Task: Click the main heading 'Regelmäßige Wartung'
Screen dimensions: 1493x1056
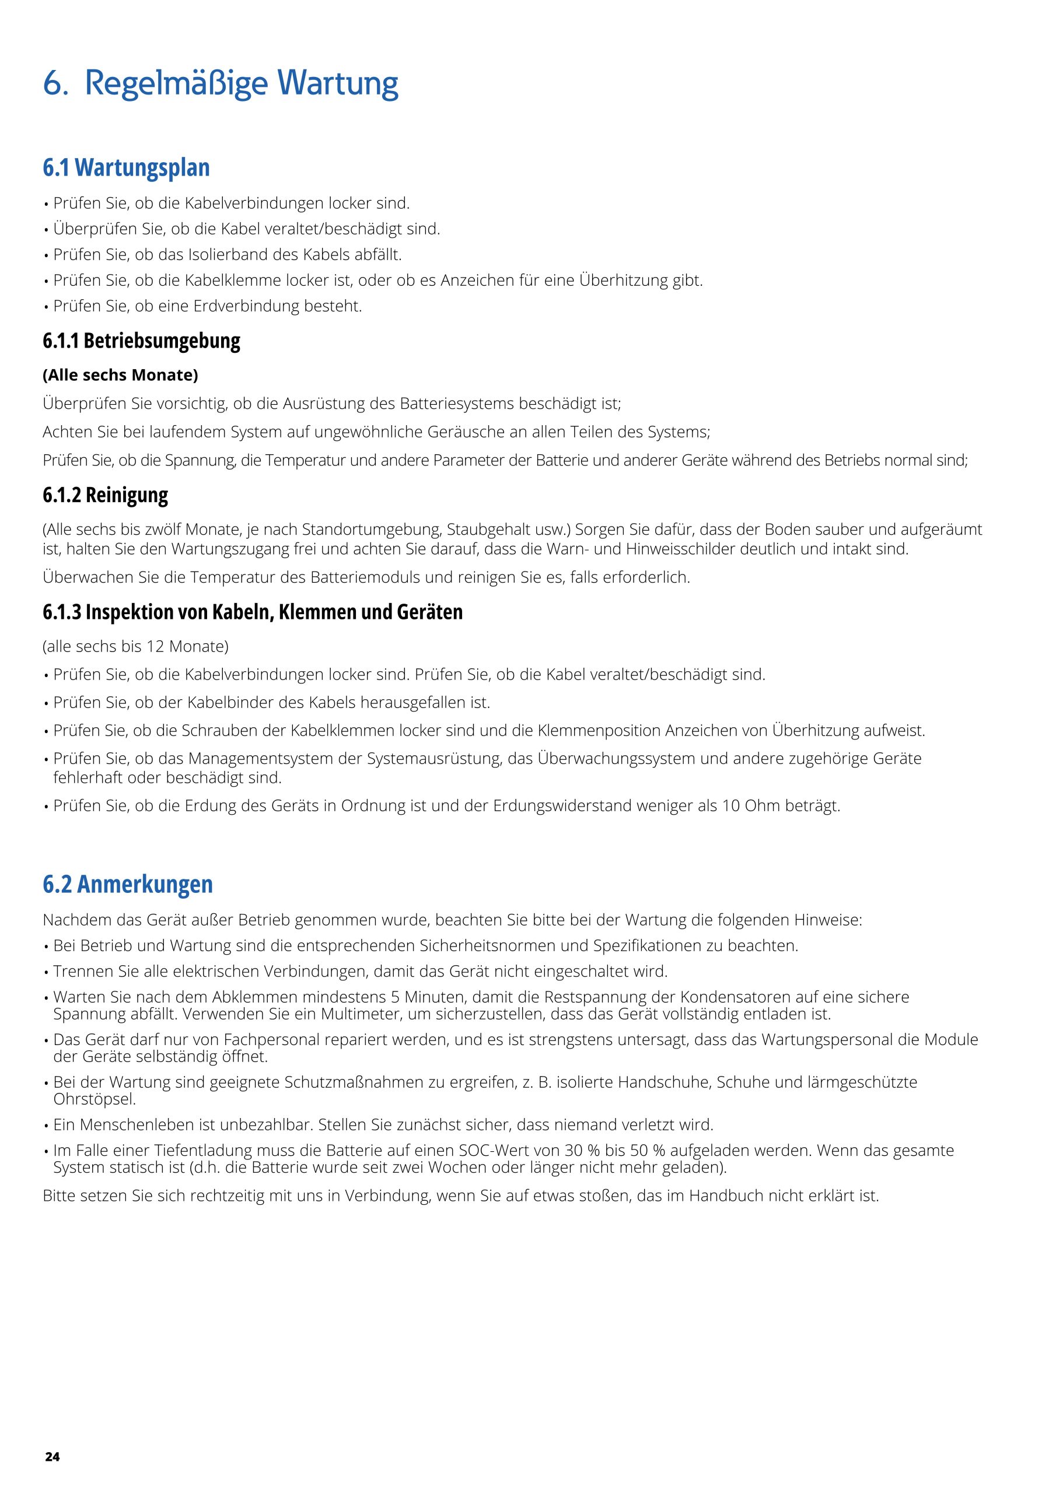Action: [241, 85]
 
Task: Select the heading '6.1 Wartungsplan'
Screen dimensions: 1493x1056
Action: [126, 168]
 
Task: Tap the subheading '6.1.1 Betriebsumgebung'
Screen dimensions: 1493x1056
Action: [141, 341]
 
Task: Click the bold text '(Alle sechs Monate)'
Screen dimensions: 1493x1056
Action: [120, 375]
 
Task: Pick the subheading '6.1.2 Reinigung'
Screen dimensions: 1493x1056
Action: [106, 495]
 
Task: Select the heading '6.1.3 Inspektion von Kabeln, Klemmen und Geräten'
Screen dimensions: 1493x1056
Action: [253, 612]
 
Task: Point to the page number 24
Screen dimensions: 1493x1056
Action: [52, 1457]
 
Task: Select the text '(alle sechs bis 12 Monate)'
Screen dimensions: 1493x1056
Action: [135, 646]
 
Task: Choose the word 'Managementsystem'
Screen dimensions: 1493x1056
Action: [275, 759]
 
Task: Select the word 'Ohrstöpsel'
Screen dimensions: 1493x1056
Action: [95, 1099]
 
